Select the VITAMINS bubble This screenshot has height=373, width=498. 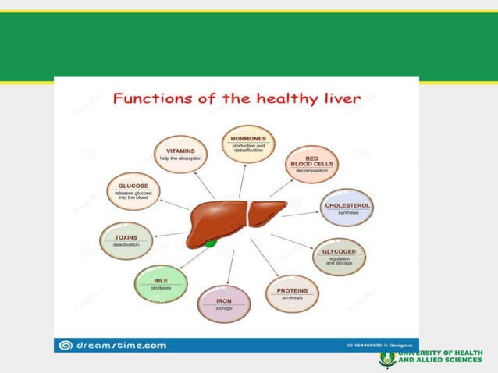tap(180, 155)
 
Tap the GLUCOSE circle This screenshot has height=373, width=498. tap(133, 192)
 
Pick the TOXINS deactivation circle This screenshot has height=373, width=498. tap(126, 240)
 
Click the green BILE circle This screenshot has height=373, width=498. tap(161, 284)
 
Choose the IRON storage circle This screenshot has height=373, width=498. tap(224, 304)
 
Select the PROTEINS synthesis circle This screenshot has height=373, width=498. tap(292, 293)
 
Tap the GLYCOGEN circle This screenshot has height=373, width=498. tap(339, 258)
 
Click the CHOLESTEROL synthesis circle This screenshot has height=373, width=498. tap(347, 208)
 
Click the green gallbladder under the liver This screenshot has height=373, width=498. tap(211, 243)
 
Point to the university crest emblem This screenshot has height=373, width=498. tap(386, 358)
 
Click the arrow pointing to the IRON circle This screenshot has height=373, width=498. tap(229, 267)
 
